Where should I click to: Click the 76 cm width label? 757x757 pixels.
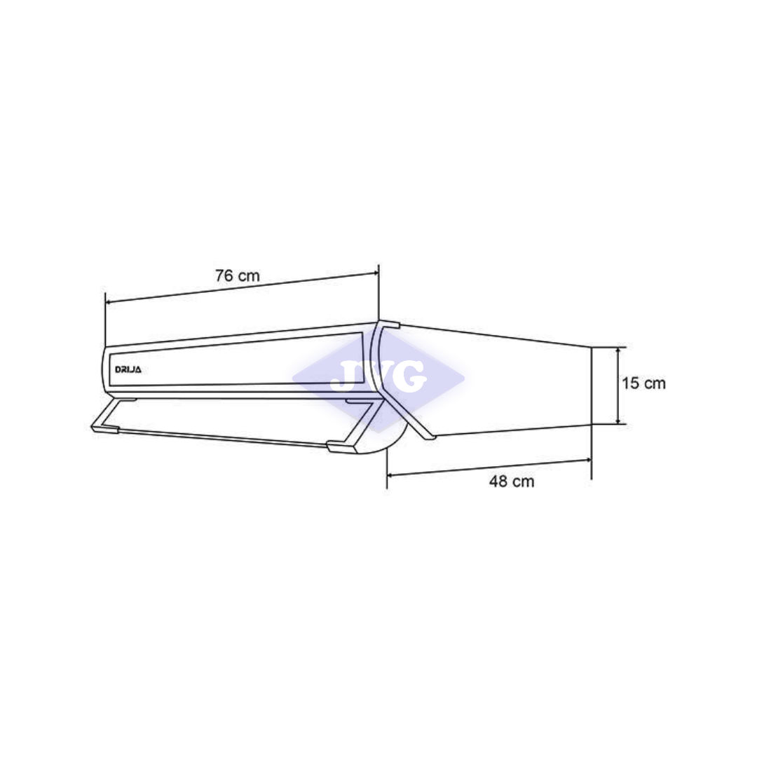click(237, 276)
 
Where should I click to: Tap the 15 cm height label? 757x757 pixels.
click(643, 383)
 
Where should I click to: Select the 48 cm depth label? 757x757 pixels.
click(512, 482)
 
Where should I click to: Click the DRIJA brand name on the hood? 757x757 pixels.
click(128, 369)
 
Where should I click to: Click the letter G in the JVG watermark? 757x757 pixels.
click(410, 376)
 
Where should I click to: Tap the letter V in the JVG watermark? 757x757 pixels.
click(376, 376)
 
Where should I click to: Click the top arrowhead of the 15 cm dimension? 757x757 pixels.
click(618, 350)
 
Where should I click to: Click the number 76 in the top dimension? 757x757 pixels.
click(224, 276)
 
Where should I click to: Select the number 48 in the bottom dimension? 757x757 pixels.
click(498, 482)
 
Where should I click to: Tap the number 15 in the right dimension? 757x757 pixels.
click(629, 383)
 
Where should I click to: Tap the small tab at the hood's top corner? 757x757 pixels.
click(390, 324)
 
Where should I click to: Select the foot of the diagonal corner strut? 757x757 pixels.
click(427, 437)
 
